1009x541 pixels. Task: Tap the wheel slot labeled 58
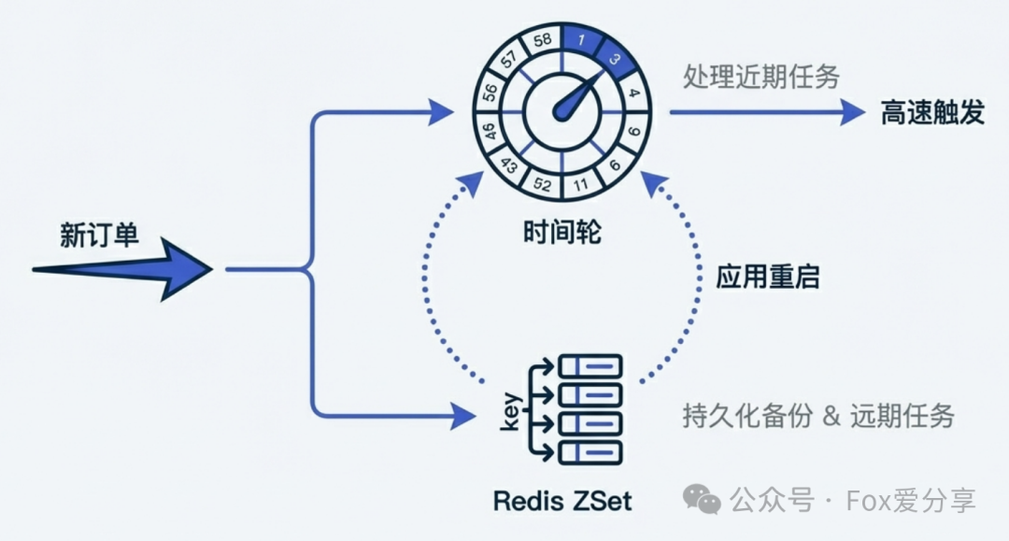click(x=542, y=41)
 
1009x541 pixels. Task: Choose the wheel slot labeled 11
click(x=581, y=183)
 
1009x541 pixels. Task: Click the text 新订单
click(x=99, y=235)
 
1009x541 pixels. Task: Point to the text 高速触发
click(x=932, y=113)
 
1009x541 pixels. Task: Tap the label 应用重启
click(x=768, y=277)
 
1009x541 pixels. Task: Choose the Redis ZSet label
click(x=562, y=501)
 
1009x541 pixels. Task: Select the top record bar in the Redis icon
click(x=590, y=363)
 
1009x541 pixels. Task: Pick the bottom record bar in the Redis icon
click(x=590, y=452)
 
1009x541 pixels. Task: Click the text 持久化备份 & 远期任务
click(x=818, y=416)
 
